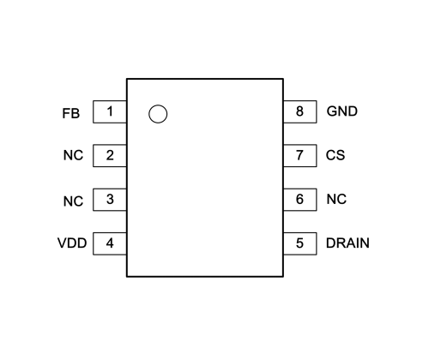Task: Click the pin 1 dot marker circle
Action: (158, 105)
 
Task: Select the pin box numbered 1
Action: (110, 111)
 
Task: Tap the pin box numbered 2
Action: (110, 156)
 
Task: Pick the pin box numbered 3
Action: (110, 200)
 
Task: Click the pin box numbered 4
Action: (110, 243)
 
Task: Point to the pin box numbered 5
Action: (300, 243)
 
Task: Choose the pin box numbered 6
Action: (300, 200)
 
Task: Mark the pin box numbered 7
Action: (300, 156)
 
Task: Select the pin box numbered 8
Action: (300, 111)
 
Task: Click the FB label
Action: (71, 113)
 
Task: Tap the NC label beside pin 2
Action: (73, 155)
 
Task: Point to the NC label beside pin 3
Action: (73, 201)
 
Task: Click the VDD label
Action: (72, 243)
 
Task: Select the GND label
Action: (342, 111)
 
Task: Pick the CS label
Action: (335, 155)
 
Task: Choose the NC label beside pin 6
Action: (336, 199)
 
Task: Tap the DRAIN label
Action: (347, 243)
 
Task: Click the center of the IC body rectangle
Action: (205, 177)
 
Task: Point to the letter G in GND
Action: (332, 111)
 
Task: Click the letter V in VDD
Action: (63, 243)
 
